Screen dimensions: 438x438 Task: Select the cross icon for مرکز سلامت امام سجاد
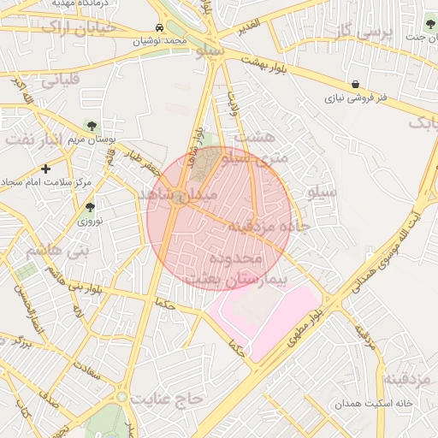[45, 169]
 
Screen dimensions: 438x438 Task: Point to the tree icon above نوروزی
[90, 207]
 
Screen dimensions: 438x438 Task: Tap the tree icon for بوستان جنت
[429, 22]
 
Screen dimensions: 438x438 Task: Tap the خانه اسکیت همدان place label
[395, 402]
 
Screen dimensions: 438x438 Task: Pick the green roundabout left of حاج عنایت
[123, 397]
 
